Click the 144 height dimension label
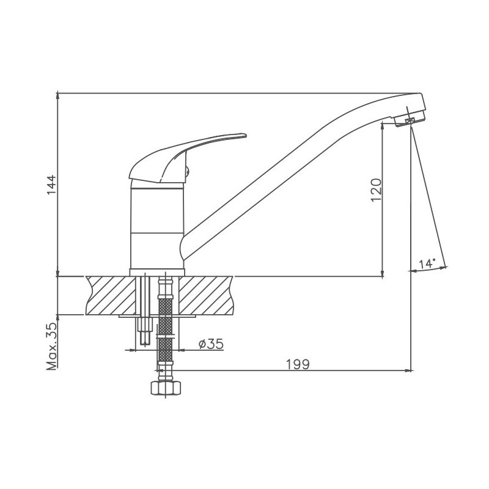point(51,185)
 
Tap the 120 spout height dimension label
point(376,190)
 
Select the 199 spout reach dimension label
point(298,364)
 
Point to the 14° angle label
point(427,264)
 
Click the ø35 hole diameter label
point(211,344)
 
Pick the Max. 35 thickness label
point(52,346)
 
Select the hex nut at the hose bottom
point(166,388)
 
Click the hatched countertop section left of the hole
point(111,295)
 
